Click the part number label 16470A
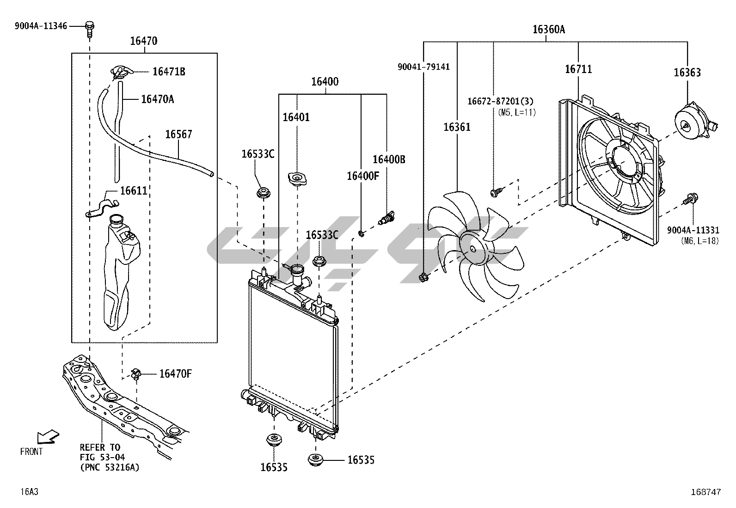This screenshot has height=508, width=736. [157, 98]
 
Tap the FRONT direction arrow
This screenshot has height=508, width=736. [48, 436]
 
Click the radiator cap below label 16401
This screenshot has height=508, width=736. [297, 178]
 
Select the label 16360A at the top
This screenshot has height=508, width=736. [549, 30]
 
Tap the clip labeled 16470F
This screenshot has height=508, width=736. [135, 374]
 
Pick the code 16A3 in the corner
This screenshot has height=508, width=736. [29, 492]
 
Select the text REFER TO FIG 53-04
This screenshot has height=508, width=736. [100, 452]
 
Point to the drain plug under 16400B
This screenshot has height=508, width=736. [386, 217]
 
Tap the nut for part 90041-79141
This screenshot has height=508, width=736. [423, 278]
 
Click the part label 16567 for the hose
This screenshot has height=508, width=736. [178, 134]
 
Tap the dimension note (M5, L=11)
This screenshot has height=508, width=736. [516, 112]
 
